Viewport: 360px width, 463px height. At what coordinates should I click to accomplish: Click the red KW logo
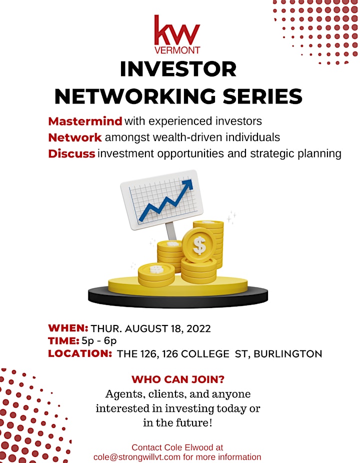(177, 30)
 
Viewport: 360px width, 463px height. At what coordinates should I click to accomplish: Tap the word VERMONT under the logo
(177, 50)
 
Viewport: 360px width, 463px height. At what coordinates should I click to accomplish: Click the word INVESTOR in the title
(178, 69)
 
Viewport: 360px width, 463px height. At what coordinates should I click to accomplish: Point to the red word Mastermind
(85, 121)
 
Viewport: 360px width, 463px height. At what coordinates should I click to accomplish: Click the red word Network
(75, 137)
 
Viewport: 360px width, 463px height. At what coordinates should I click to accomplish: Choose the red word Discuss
(72, 153)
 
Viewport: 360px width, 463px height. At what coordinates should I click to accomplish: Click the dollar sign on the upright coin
(199, 245)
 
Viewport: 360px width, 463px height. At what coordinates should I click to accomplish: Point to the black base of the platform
(178, 297)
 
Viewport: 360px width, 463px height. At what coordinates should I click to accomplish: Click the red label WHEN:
(68, 328)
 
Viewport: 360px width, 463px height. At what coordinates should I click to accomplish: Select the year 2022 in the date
(198, 328)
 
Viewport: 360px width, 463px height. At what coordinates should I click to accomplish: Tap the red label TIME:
(64, 341)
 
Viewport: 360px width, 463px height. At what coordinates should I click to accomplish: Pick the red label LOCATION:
(80, 353)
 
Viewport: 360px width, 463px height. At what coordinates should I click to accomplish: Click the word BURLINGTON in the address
(288, 353)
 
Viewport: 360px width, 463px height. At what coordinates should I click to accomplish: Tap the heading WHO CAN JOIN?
(178, 379)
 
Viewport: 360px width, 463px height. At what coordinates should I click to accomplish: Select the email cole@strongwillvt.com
(137, 457)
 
